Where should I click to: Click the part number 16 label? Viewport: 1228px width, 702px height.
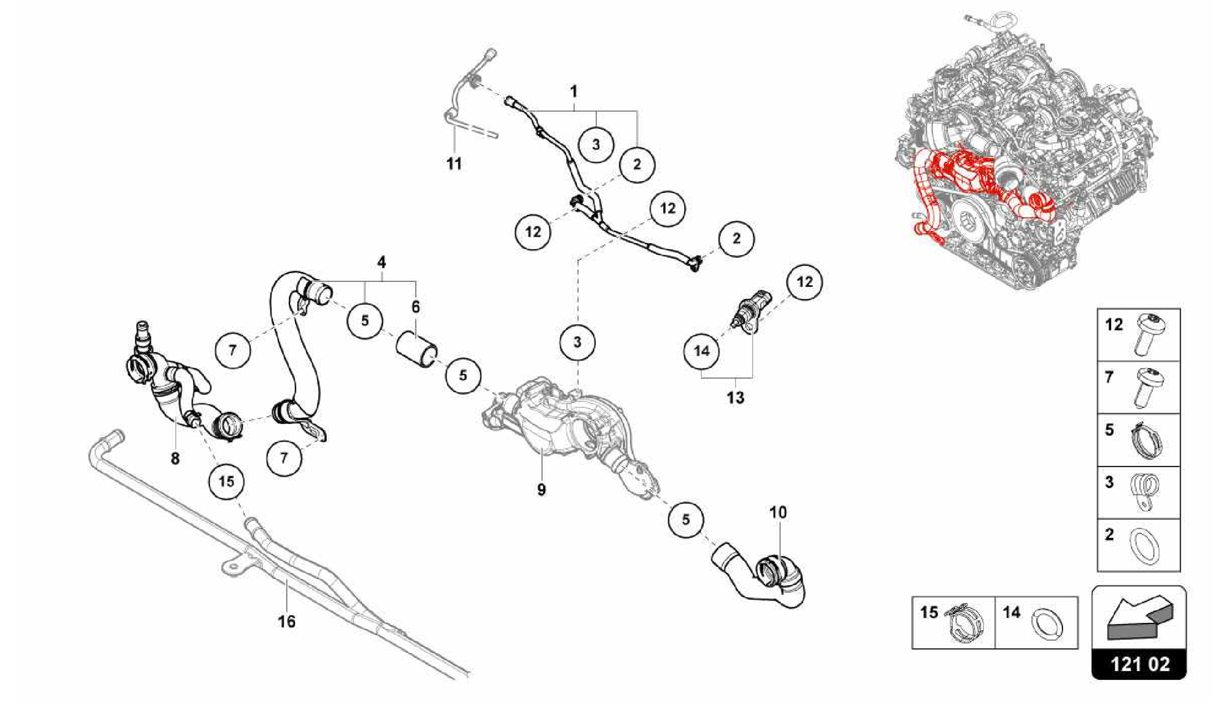pos(287,621)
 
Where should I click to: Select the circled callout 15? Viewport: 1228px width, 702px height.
pos(227,481)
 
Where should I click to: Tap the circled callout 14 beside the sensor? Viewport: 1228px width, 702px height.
pos(702,351)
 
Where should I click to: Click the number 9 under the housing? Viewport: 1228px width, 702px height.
pos(541,489)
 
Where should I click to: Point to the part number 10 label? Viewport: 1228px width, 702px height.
pos(778,512)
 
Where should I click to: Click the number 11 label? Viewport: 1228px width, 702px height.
pos(454,164)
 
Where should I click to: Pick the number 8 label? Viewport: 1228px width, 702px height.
pos(175,459)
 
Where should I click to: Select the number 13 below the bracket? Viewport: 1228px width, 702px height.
pos(735,397)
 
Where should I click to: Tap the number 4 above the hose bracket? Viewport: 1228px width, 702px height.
pos(381,262)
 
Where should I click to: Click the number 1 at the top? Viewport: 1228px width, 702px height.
pos(574,92)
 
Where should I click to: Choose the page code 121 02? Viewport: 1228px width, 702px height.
pos(1139,664)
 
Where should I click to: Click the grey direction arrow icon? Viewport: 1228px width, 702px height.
pos(1139,617)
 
